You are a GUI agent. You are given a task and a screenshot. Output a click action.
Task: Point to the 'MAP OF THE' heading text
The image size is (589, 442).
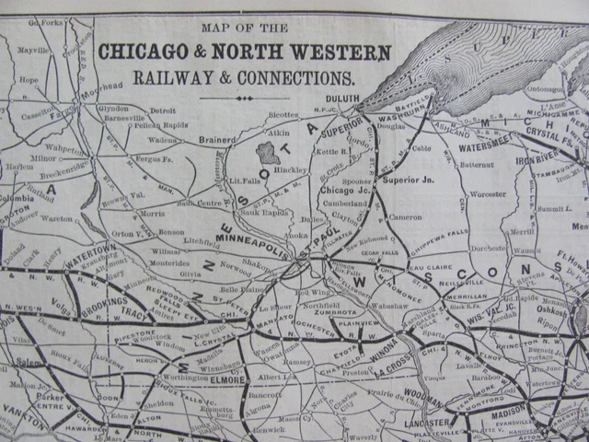click(243, 26)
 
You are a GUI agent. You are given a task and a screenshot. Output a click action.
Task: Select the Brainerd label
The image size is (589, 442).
click(219, 139)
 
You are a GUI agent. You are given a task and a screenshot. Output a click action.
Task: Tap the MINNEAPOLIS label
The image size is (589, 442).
click(256, 250)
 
